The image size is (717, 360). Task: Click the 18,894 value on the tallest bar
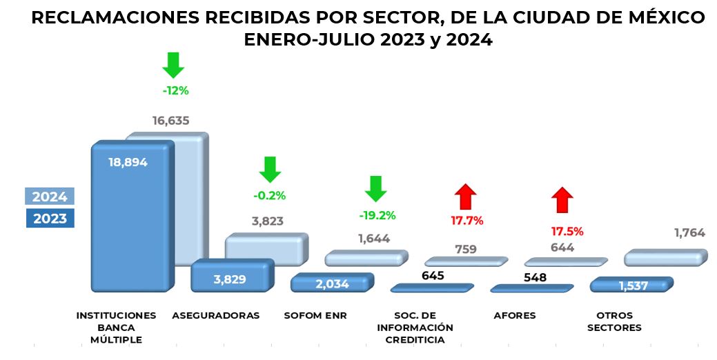pos(128,162)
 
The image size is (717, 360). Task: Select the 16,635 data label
pos(170,121)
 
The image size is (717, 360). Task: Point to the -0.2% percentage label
pos(269,195)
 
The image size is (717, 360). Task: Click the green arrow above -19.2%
pos(375,188)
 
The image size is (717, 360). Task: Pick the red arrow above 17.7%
pos(466,197)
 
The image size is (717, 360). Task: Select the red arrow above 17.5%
pos(562,200)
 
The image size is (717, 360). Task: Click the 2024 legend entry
pos(50,197)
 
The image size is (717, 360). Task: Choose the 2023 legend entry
pos(50,219)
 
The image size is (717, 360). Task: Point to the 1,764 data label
pos(689,233)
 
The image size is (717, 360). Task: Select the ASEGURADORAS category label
pos(216,315)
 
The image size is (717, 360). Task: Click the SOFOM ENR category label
pos(315,315)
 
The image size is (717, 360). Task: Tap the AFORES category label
pos(515,315)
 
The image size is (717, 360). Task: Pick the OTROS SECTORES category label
pos(614,321)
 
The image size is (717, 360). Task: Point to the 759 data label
pos(466,249)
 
